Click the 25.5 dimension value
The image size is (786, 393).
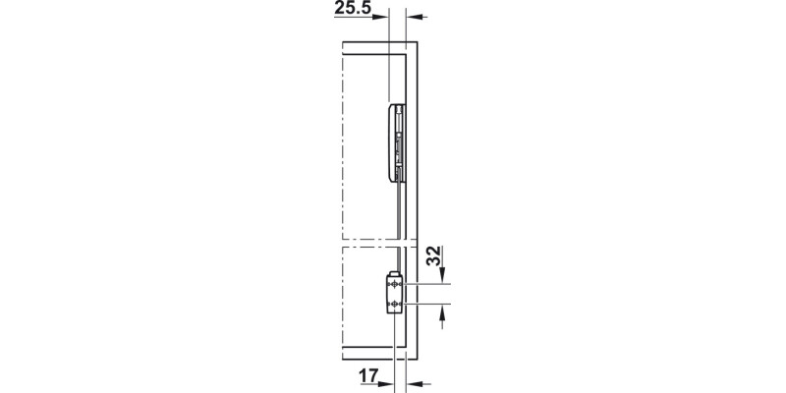click(352, 9)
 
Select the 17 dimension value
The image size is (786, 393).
click(368, 374)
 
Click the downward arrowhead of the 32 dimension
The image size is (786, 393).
click(443, 277)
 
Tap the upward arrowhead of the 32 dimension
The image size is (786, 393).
click(443, 312)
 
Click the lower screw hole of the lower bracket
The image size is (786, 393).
click(394, 305)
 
